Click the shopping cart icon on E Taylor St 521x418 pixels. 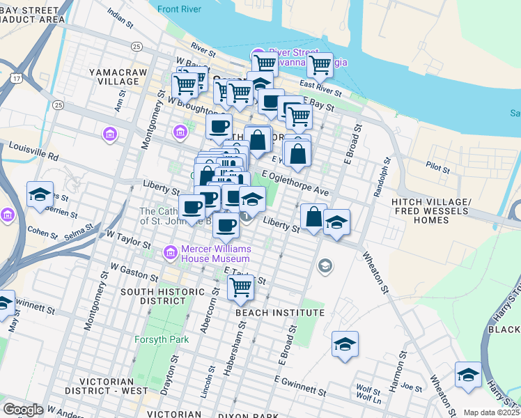point(240,286)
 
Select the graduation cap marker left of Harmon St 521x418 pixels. point(345,344)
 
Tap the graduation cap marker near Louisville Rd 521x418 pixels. point(40,194)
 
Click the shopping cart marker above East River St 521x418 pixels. point(320,65)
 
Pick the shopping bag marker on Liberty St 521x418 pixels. point(314,217)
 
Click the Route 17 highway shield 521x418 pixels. point(15,79)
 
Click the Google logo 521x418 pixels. point(24,410)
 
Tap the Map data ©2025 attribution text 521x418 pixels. point(490,412)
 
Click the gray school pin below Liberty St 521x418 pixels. point(325,265)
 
